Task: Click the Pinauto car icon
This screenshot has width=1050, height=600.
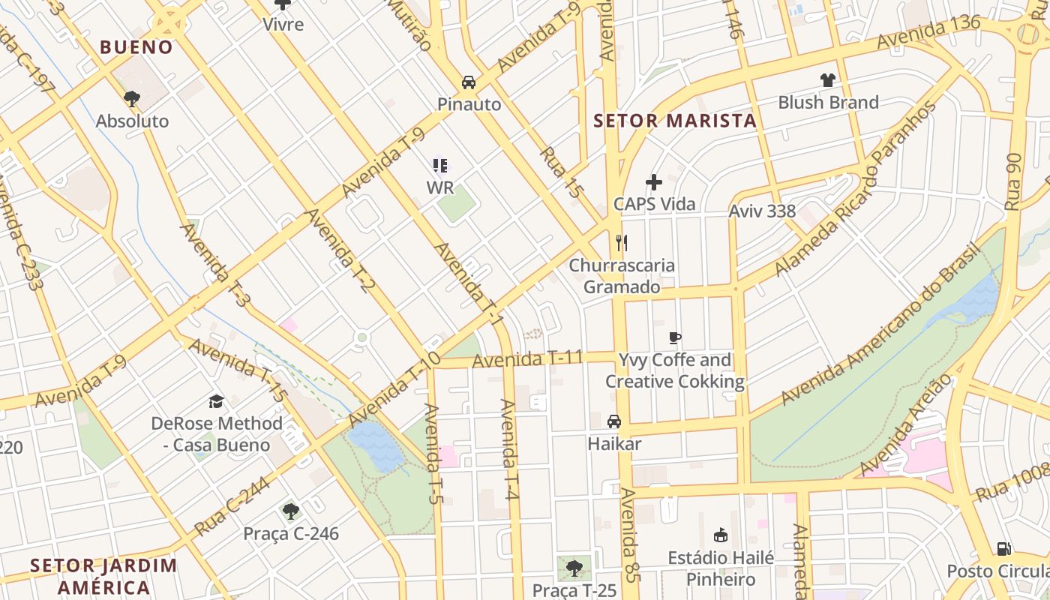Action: pyautogui.click(x=469, y=82)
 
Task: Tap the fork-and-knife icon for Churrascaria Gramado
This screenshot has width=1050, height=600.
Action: pyautogui.click(x=621, y=242)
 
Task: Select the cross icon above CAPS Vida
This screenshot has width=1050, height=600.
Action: pyautogui.click(x=654, y=181)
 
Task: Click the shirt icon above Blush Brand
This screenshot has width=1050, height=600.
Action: pyautogui.click(x=827, y=80)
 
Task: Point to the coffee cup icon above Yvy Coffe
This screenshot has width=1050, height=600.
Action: pyautogui.click(x=674, y=337)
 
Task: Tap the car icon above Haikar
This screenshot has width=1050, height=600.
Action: pyautogui.click(x=614, y=421)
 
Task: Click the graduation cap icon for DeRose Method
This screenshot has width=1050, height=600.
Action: pyautogui.click(x=217, y=401)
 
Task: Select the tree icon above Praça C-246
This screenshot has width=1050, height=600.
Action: pyautogui.click(x=291, y=511)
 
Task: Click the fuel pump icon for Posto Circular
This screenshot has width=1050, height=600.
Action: pyautogui.click(x=1003, y=549)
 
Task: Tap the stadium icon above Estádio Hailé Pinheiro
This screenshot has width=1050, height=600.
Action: pyautogui.click(x=721, y=535)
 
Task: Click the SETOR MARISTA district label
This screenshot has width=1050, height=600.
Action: pyautogui.click(x=675, y=121)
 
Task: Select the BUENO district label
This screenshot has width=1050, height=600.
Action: pyautogui.click(x=136, y=47)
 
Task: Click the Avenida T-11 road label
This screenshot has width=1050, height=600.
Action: pyautogui.click(x=527, y=359)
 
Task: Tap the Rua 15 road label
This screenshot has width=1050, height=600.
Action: pyautogui.click(x=561, y=173)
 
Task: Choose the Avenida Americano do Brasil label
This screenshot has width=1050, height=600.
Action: pyautogui.click(x=881, y=323)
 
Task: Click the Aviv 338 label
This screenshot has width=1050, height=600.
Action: pyautogui.click(x=762, y=211)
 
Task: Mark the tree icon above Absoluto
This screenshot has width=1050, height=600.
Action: pyautogui.click(x=132, y=98)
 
